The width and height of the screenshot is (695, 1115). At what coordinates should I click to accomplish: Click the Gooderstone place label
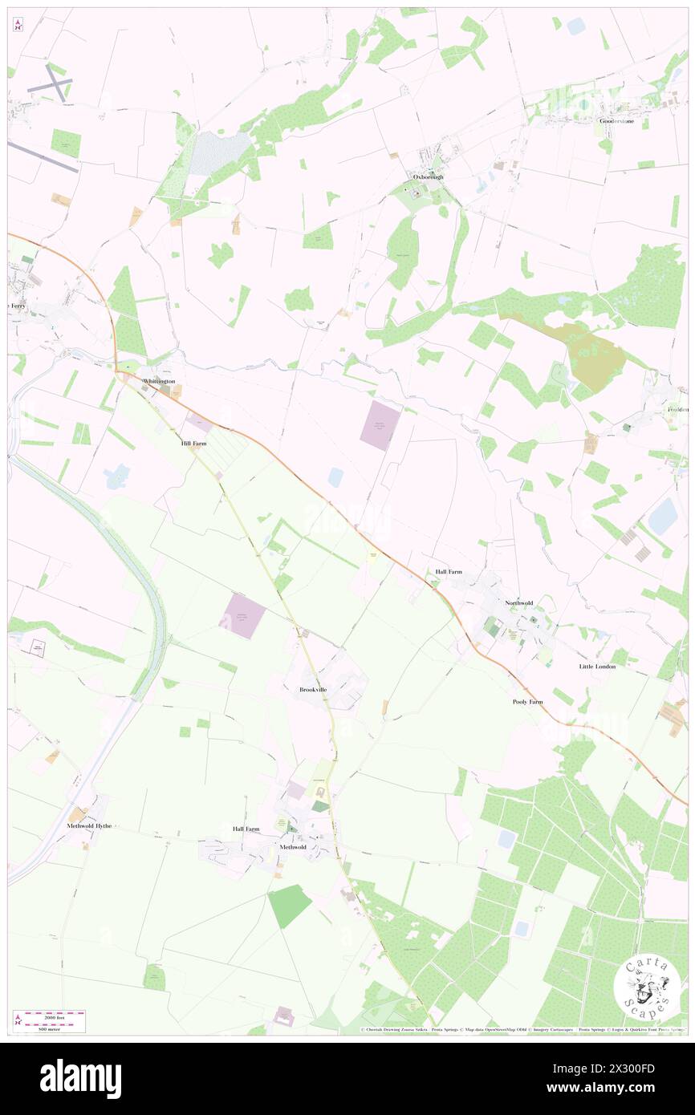click(616, 121)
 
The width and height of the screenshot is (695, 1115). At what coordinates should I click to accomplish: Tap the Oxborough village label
click(428, 176)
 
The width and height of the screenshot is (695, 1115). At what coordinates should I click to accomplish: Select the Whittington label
click(158, 381)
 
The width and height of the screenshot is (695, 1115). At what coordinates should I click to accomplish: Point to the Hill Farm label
click(193, 443)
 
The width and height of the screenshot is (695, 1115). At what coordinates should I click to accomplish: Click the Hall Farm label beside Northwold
click(449, 571)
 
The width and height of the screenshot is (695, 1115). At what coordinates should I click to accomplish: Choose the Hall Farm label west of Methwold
click(246, 829)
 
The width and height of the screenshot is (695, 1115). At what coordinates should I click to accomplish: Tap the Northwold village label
click(519, 602)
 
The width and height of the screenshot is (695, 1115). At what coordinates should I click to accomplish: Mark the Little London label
click(597, 667)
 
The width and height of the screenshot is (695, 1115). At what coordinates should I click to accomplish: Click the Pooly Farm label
click(527, 702)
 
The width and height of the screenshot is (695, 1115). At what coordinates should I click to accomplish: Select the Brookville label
click(313, 690)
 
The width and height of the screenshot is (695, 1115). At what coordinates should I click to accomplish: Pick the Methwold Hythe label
click(89, 825)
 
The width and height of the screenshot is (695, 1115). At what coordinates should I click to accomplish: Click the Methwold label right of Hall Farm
click(293, 847)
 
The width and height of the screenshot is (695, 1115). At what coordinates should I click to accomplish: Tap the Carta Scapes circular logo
click(647, 986)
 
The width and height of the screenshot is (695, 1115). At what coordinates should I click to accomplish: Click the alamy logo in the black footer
click(80, 1079)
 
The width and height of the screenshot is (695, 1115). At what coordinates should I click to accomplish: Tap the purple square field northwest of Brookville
click(242, 616)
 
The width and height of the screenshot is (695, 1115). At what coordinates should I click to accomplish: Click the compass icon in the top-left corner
click(18, 25)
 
